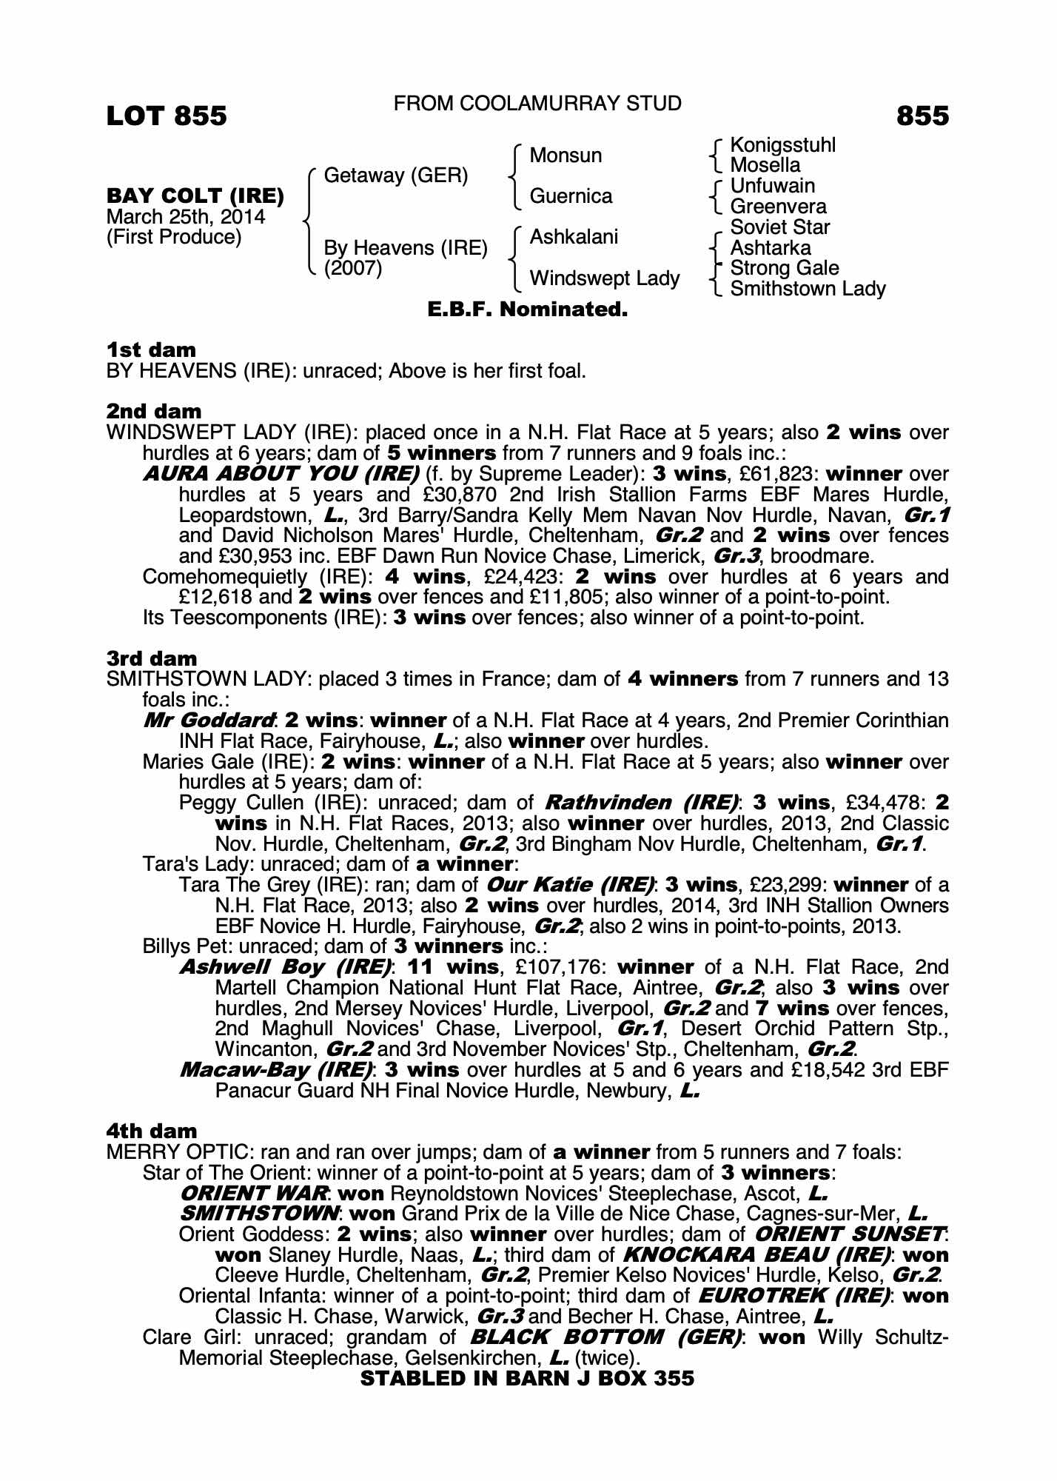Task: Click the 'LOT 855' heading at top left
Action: click(167, 116)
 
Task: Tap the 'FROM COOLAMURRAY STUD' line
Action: click(537, 104)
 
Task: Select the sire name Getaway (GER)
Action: click(396, 175)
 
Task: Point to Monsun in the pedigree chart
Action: click(566, 156)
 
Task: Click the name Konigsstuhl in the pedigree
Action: click(782, 145)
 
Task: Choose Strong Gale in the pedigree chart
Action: click(785, 268)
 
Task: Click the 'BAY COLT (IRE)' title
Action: click(195, 196)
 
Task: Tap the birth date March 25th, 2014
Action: click(186, 217)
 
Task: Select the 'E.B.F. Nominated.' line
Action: click(528, 310)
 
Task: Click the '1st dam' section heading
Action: click(152, 350)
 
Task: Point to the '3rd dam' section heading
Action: click(152, 658)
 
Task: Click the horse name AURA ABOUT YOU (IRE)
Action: click(281, 474)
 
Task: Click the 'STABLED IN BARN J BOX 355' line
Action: click(527, 1379)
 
